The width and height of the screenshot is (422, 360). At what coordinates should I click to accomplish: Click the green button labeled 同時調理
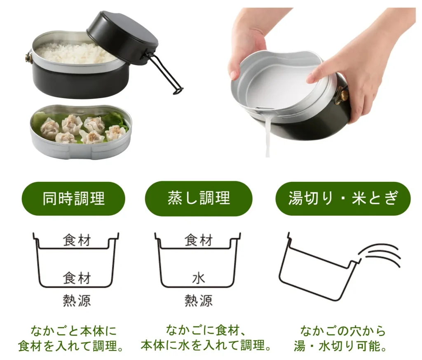click(x=73, y=198)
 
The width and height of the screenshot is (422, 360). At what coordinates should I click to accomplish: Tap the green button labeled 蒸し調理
click(x=199, y=198)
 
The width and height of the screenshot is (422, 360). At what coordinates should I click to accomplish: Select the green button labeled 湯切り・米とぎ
click(x=343, y=198)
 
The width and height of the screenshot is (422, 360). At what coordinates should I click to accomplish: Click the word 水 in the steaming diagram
click(x=199, y=278)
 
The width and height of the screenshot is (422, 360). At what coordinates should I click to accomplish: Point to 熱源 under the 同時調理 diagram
click(x=77, y=301)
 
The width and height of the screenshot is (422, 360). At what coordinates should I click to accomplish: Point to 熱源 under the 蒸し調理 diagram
click(x=199, y=301)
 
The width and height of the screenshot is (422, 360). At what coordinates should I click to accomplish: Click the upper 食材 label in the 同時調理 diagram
click(x=77, y=240)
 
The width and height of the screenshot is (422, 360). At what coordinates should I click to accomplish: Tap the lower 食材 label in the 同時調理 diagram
click(x=77, y=278)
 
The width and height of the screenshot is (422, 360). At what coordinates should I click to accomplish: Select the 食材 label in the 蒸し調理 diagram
click(x=199, y=240)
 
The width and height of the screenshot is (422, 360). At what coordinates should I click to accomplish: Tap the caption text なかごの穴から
click(x=343, y=331)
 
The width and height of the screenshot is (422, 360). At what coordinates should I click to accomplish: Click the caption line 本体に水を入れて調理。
click(x=206, y=346)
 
